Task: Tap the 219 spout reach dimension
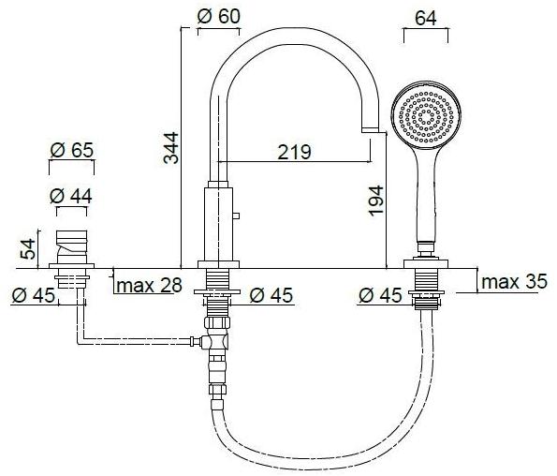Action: (295, 152)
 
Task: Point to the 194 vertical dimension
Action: (375, 201)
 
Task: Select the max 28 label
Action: (151, 286)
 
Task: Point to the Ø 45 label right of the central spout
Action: (271, 295)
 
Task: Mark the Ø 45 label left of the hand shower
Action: (379, 295)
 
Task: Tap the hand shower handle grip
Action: (427, 201)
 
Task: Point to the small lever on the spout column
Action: (238, 217)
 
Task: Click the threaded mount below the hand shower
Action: (428, 287)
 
